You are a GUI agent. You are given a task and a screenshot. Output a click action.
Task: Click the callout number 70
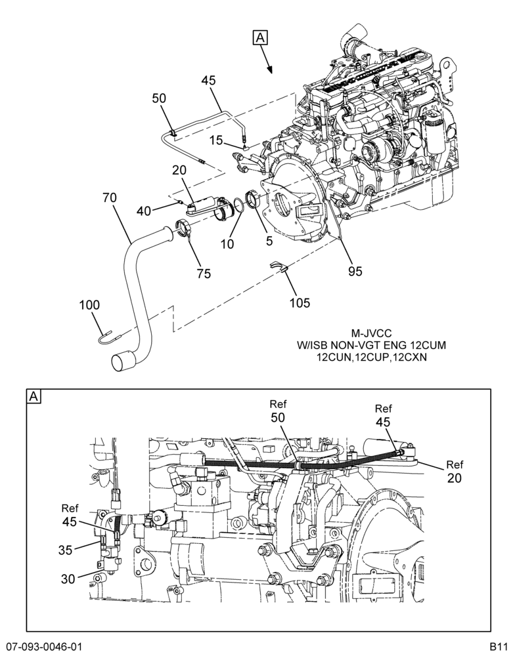tap(109, 197)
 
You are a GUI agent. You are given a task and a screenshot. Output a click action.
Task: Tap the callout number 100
tap(90, 305)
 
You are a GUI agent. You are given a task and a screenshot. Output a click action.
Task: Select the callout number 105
tap(300, 302)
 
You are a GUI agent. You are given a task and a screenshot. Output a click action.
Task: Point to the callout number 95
tap(355, 272)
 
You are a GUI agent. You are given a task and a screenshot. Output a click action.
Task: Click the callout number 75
tap(204, 274)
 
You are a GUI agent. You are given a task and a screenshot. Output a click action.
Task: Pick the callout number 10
tap(227, 244)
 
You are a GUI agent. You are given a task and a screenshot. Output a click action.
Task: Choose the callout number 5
tap(269, 241)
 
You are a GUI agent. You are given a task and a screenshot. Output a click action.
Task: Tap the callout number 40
tap(144, 211)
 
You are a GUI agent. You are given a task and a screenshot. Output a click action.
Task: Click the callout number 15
tap(216, 140)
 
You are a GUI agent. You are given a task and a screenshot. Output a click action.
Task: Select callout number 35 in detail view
tap(66, 550)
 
